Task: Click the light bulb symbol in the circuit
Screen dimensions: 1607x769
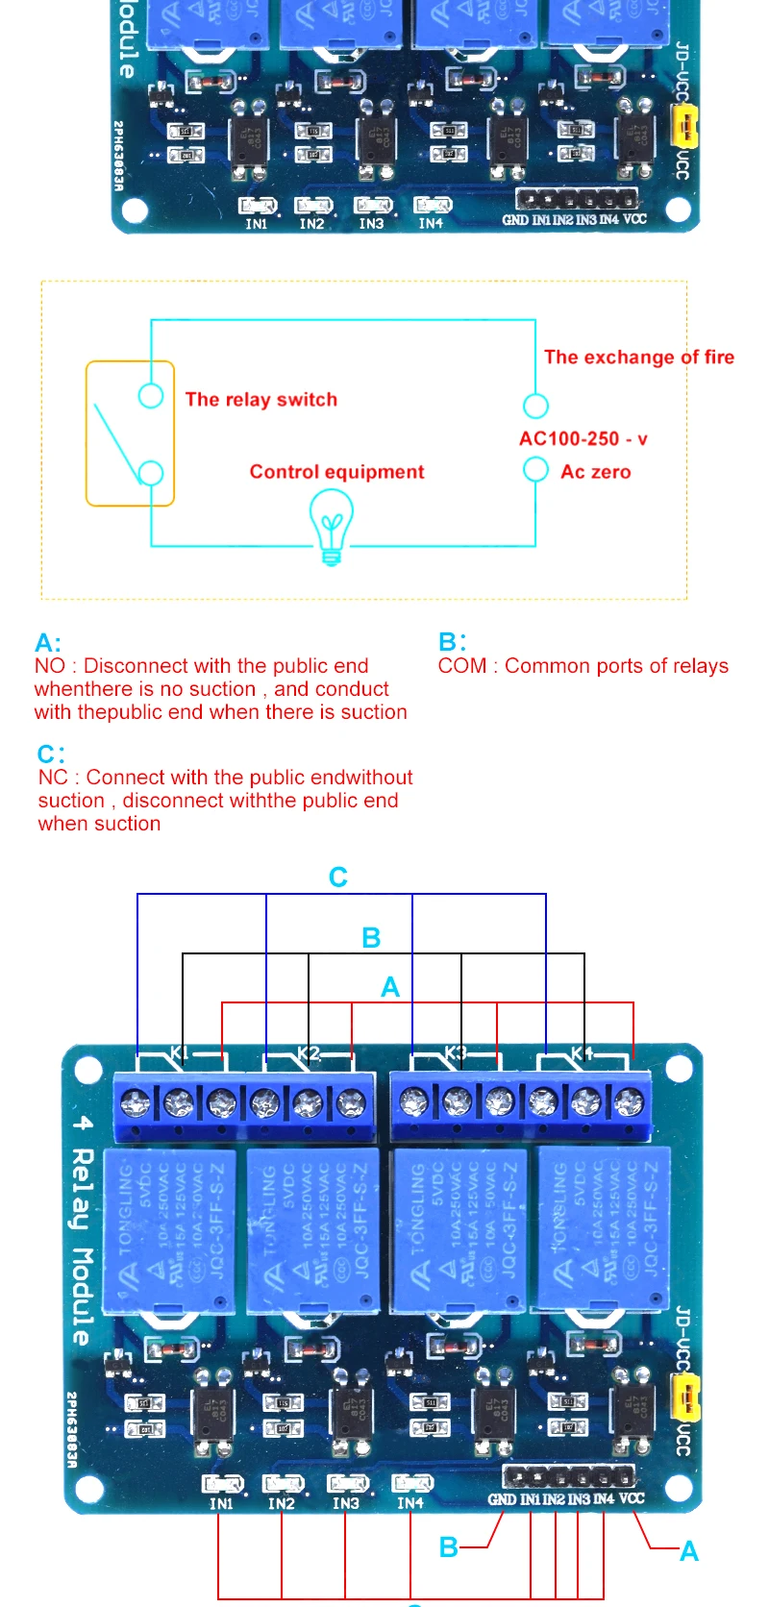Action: (x=331, y=527)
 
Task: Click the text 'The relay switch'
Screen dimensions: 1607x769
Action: (x=261, y=400)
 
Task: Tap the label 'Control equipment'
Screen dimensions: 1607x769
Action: (x=336, y=472)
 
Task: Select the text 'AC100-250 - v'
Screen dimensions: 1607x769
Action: (x=583, y=439)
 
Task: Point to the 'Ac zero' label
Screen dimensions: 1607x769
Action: (x=596, y=472)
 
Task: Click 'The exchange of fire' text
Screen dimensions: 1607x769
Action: (x=639, y=358)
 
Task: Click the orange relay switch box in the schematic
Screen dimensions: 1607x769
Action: (x=130, y=433)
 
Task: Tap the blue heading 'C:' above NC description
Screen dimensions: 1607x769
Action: (x=51, y=754)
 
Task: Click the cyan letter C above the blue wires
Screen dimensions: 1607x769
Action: (x=338, y=878)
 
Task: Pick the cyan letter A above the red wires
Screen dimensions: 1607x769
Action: (x=390, y=987)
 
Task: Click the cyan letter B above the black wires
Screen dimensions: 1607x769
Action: (x=371, y=938)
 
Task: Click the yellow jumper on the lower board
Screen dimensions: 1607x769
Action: (x=685, y=1397)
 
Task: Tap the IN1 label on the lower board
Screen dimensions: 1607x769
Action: (x=221, y=1504)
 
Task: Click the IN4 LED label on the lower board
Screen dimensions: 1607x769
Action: (x=410, y=1503)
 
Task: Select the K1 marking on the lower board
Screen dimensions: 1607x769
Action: (x=180, y=1053)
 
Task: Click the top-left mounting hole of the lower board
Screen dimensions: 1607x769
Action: (x=88, y=1069)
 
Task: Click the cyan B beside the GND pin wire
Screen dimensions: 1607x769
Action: (x=448, y=1547)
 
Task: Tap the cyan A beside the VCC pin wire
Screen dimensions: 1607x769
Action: (x=689, y=1551)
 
